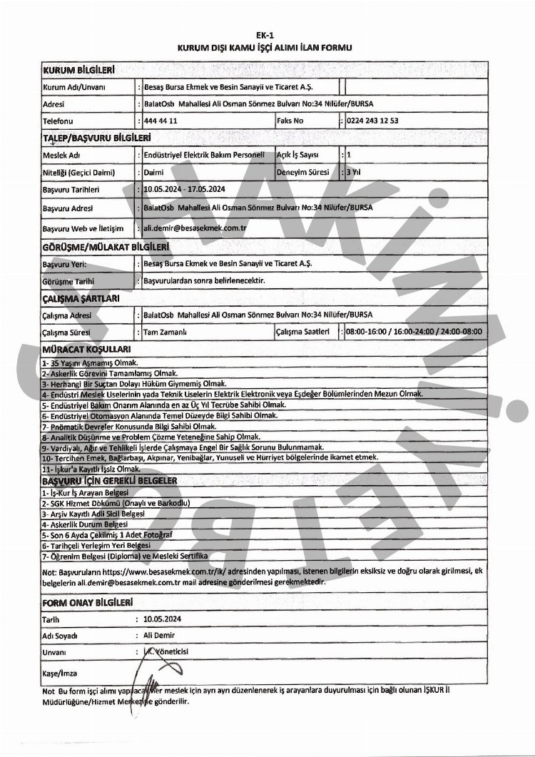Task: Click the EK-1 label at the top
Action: click(x=267, y=34)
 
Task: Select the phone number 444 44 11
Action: click(x=160, y=121)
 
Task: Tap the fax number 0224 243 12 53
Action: click(x=372, y=121)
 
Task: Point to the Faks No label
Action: click(x=290, y=121)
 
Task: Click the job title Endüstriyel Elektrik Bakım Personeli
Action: click(x=204, y=154)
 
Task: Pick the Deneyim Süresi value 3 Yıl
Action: click(x=354, y=172)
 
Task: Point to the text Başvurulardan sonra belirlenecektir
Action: click(x=204, y=282)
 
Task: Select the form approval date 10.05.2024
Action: click(x=163, y=620)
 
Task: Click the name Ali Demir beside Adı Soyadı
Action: click(x=159, y=635)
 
